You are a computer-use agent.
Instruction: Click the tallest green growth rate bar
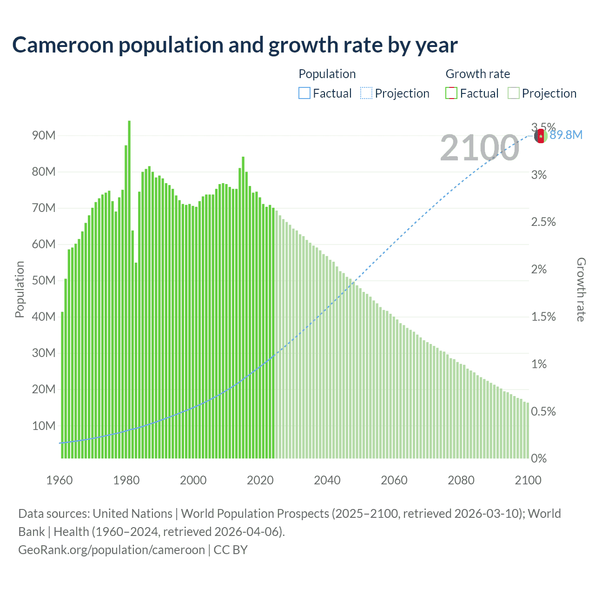129,288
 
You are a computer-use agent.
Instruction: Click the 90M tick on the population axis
44,136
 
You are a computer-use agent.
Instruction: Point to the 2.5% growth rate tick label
543,222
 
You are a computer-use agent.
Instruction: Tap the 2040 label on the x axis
327,480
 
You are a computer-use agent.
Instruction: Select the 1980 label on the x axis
126,480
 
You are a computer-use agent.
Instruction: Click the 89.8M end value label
566,135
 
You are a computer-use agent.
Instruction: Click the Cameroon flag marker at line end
540,136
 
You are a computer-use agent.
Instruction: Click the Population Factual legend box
304,93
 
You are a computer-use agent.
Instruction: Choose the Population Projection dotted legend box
366,93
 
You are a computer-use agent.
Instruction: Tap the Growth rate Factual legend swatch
451,93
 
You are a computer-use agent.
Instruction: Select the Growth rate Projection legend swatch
513,93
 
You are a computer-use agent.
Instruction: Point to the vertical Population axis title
20,289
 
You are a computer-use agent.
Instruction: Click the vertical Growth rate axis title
581,289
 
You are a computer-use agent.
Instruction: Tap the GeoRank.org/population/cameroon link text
112,550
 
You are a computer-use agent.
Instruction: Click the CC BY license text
231,550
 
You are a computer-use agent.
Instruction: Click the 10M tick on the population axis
44,426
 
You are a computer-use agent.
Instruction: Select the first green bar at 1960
62,386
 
